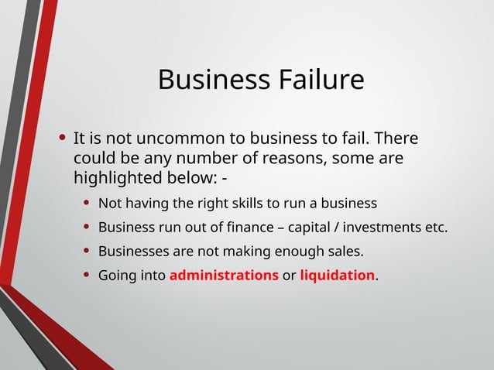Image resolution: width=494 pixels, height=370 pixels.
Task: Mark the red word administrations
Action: point(224,275)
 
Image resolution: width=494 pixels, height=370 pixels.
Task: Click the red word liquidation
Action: point(337,275)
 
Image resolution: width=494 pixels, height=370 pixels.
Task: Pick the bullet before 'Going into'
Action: point(87,275)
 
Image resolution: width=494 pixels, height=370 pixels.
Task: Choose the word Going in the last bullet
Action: point(117,276)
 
